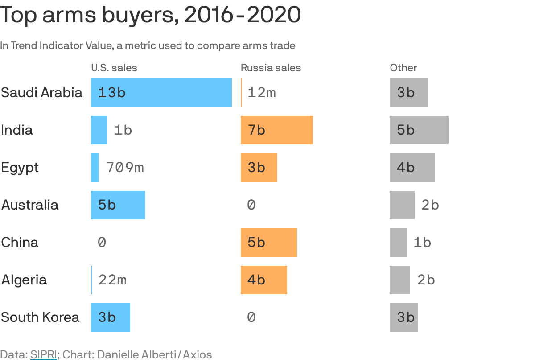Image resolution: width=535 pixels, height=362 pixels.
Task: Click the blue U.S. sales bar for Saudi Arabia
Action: [x=161, y=93]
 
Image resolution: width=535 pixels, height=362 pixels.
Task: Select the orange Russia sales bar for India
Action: [x=276, y=130]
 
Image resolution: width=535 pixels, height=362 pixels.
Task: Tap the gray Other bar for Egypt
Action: [x=412, y=168]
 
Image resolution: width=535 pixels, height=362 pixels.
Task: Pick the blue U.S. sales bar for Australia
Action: [x=118, y=205]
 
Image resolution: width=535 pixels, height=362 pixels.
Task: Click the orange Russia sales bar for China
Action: [x=268, y=243]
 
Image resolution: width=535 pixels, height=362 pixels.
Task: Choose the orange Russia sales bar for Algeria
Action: [x=263, y=280]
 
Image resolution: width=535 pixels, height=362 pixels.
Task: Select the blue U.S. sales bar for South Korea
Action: [x=110, y=317]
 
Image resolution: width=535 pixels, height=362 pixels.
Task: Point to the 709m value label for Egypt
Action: [x=125, y=168]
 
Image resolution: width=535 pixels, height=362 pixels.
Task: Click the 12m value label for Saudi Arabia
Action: [x=262, y=93]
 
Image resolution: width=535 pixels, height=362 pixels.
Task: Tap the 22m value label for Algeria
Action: [x=112, y=280]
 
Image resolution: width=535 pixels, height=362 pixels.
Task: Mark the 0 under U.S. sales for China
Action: [x=102, y=243]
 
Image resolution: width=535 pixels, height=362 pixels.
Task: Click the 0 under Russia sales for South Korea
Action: [x=251, y=317]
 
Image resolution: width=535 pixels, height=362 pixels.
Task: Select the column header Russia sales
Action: [x=271, y=68]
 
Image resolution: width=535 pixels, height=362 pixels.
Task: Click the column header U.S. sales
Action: [x=114, y=68]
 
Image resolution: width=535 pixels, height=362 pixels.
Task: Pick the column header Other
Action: [x=403, y=68]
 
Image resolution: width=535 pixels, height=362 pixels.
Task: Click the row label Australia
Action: [x=30, y=205]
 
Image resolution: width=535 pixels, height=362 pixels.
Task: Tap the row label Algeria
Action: [x=24, y=280]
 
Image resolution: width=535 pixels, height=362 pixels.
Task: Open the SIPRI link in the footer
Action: [x=44, y=355]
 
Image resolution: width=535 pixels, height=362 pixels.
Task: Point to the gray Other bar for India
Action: [x=419, y=130]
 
